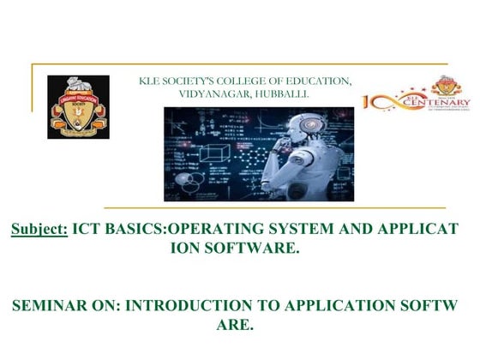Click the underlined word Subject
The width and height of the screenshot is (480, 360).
[39, 231]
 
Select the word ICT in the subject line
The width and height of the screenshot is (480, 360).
[87, 231]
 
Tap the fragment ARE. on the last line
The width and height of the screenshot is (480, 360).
[237, 325]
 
